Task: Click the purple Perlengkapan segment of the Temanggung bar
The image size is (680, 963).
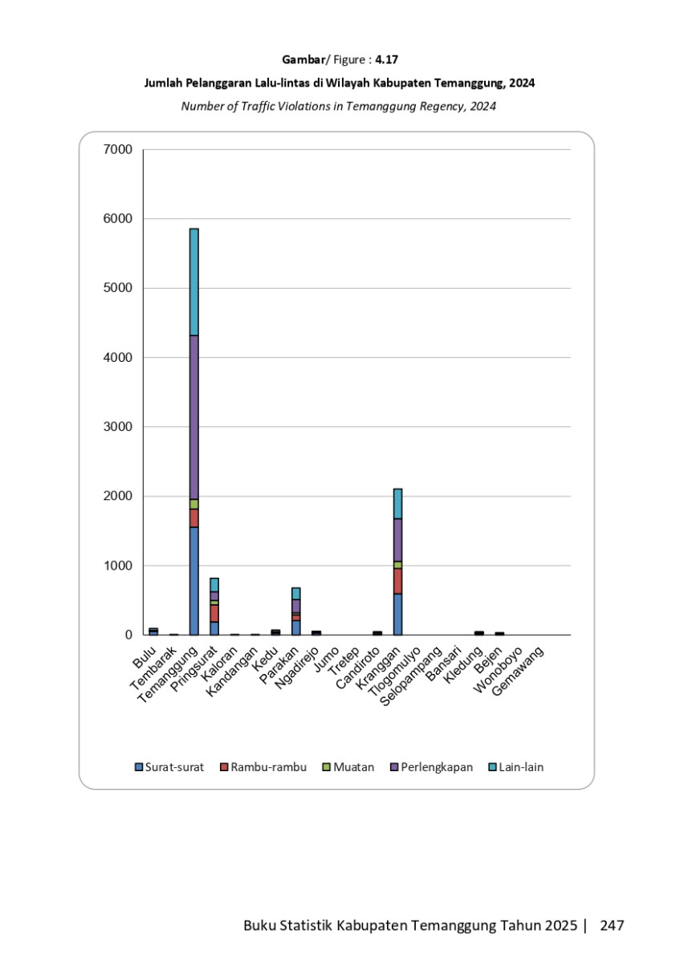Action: (x=194, y=417)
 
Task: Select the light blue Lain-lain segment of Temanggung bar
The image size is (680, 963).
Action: (x=194, y=282)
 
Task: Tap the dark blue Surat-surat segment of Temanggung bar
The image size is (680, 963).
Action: (x=194, y=581)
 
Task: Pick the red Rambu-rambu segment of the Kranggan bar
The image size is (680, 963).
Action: (x=398, y=581)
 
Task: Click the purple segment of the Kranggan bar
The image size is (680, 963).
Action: (x=398, y=540)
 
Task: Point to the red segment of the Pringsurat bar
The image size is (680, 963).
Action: (x=214, y=613)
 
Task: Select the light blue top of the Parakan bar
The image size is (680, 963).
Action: (x=296, y=594)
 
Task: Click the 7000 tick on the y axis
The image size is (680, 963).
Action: (x=117, y=149)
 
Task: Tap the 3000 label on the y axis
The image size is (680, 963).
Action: (x=117, y=426)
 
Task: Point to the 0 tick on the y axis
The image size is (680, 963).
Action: (x=128, y=635)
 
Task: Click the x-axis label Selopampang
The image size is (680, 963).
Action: (x=411, y=677)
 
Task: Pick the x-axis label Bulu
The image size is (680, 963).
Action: (x=145, y=657)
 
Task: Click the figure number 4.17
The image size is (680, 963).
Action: (x=386, y=59)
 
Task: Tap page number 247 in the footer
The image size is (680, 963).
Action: (x=612, y=924)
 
